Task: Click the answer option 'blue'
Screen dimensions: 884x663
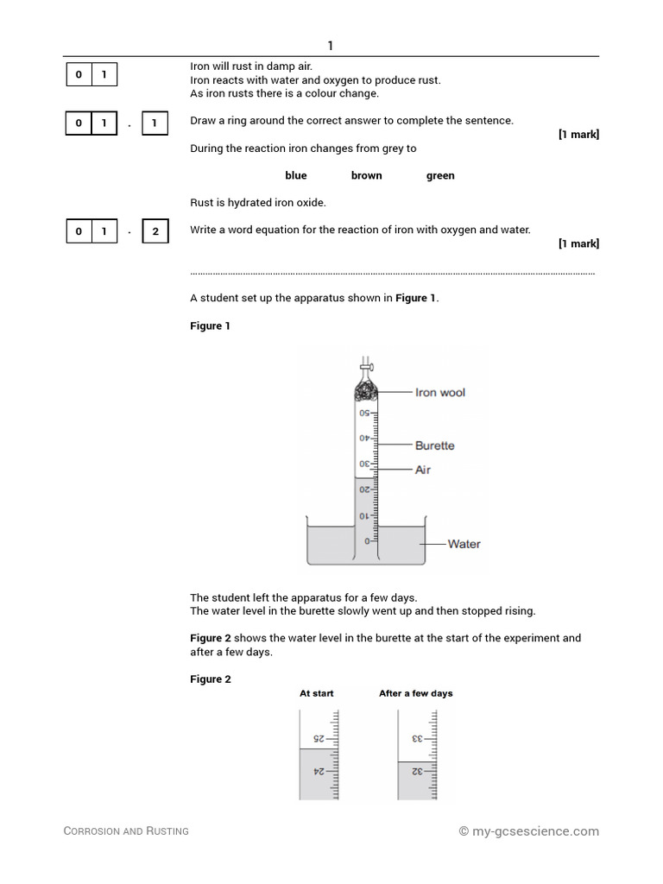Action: (x=295, y=175)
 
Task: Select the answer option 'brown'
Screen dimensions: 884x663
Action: (x=366, y=175)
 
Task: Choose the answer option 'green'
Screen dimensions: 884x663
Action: (x=440, y=175)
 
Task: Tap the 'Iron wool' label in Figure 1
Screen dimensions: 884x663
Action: (x=439, y=393)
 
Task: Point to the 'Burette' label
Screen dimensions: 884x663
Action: (x=434, y=445)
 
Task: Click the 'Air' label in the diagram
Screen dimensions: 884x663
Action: (x=423, y=470)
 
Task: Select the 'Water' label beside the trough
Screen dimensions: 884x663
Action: (x=464, y=544)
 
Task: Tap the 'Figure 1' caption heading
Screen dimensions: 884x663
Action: (x=210, y=326)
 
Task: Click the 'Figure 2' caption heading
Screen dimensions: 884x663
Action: (x=211, y=679)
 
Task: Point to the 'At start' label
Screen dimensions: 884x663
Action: (x=316, y=693)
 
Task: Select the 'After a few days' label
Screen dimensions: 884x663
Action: (x=415, y=693)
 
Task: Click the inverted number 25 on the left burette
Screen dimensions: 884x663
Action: (x=318, y=739)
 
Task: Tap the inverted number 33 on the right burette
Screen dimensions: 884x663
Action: (x=417, y=739)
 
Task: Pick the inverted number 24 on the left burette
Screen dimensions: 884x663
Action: (x=318, y=772)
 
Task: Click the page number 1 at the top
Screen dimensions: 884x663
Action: (x=331, y=46)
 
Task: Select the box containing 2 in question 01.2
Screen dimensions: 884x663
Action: (x=155, y=231)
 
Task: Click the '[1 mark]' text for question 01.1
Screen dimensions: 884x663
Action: (x=578, y=135)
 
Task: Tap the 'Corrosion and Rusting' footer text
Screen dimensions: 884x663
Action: (x=126, y=831)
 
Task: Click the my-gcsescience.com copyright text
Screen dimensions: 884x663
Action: (x=528, y=831)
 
